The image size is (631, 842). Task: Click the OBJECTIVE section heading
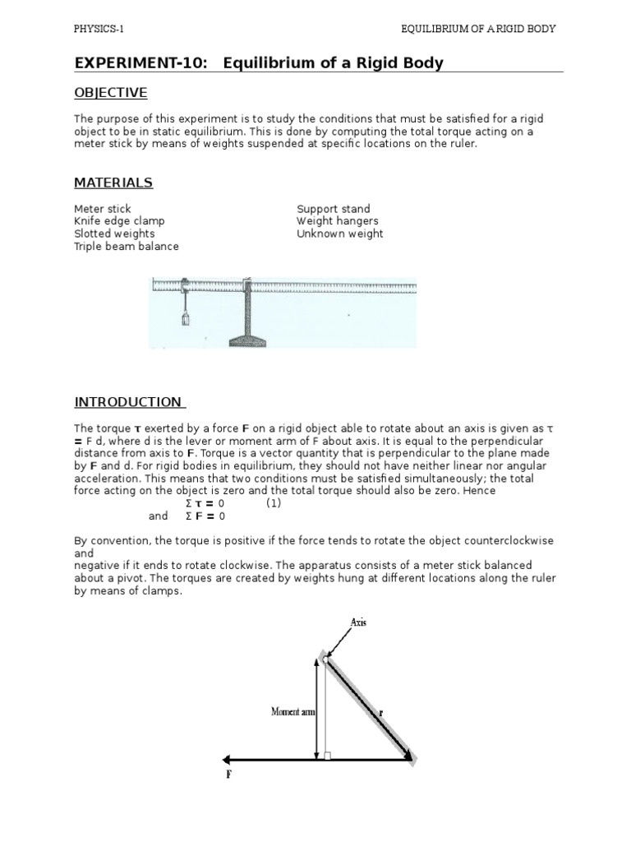pos(111,92)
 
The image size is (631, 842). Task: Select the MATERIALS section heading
pos(113,182)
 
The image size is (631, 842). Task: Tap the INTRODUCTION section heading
pos(130,402)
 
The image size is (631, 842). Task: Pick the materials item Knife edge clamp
pos(119,221)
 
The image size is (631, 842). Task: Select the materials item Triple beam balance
pos(126,246)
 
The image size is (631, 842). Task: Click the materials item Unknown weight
pos(339,234)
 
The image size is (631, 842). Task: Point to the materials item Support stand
pos(333,209)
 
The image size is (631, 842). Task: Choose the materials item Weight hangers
pos(337,221)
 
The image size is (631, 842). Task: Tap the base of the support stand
pos(246,338)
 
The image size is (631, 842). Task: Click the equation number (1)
pos(274,503)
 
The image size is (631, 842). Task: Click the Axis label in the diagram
pos(358,622)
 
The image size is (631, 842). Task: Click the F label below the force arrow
pos(228,774)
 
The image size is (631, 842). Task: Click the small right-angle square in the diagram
pos(327,756)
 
